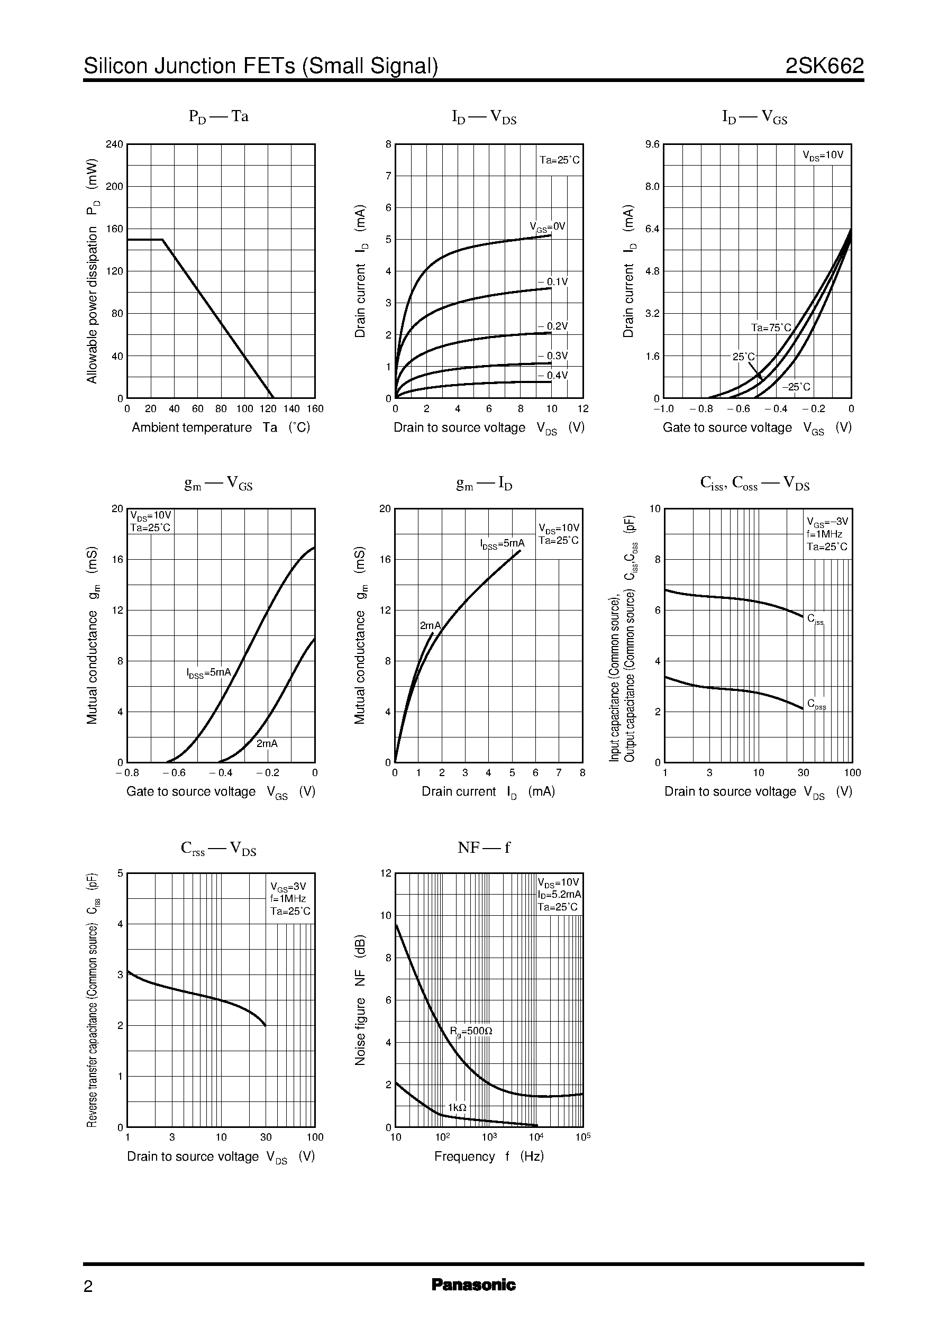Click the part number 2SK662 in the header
coord(824,66)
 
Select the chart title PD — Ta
coord(218,117)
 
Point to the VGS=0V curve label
coord(547,227)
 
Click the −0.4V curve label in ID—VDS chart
coord(552,375)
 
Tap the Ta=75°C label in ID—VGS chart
coord(771,327)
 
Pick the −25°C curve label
coord(796,387)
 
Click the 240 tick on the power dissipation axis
coord(114,144)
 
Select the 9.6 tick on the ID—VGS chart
coord(652,144)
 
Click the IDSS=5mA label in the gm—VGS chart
coord(209,673)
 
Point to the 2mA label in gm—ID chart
coord(430,626)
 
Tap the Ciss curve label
coord(816,619)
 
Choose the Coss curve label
coord(816,704)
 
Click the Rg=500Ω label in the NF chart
coord(470,1032)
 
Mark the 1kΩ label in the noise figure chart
coord(457,1107)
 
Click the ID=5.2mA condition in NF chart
coord(559,895)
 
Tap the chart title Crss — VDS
coord(218,849)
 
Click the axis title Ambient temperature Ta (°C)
coord(221,427)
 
